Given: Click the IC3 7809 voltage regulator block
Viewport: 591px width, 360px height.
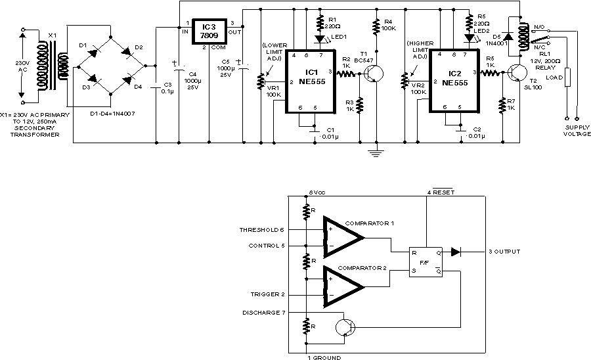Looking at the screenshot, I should [209, 31].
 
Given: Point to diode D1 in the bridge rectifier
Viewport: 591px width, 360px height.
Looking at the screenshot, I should [93, 50].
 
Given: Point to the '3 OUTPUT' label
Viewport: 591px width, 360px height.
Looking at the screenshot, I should [504, 252].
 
